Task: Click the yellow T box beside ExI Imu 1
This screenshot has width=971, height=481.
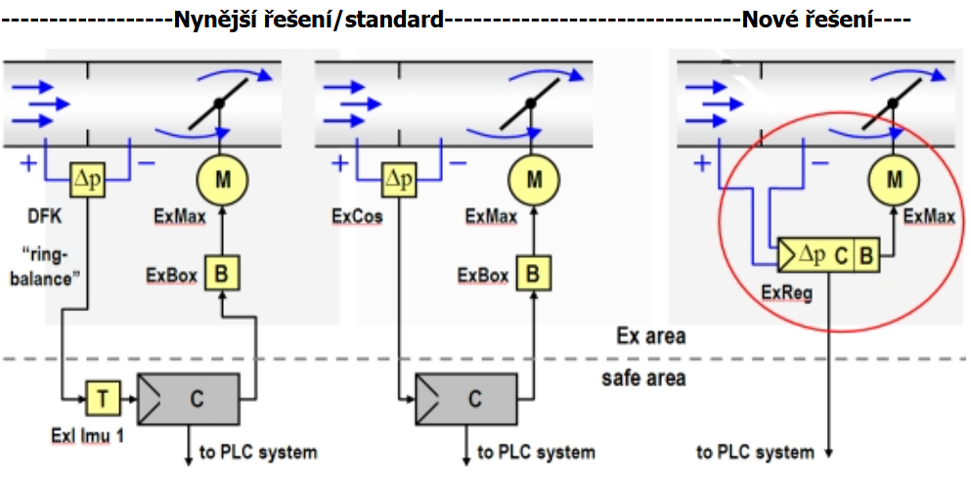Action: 102,398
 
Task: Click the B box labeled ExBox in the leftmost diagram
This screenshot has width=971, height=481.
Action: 221,275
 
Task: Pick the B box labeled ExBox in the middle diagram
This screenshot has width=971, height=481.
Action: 532,275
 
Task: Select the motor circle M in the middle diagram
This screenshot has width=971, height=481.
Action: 533,179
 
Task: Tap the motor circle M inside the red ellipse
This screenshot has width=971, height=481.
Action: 893,179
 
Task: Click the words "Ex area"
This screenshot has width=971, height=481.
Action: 650,336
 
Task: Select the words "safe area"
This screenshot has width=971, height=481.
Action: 642,377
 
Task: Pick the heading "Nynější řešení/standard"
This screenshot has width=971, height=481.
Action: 309,19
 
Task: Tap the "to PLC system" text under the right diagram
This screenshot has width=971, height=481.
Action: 755,452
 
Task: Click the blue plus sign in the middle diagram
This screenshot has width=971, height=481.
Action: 339,162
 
